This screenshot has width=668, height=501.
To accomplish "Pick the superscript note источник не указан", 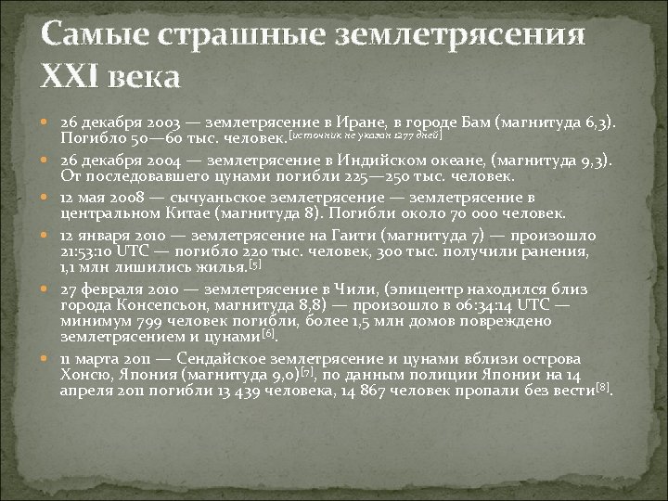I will click(365, 135).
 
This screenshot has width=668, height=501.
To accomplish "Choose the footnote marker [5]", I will click(256, 264).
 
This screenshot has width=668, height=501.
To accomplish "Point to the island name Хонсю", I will click(88, 374).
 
